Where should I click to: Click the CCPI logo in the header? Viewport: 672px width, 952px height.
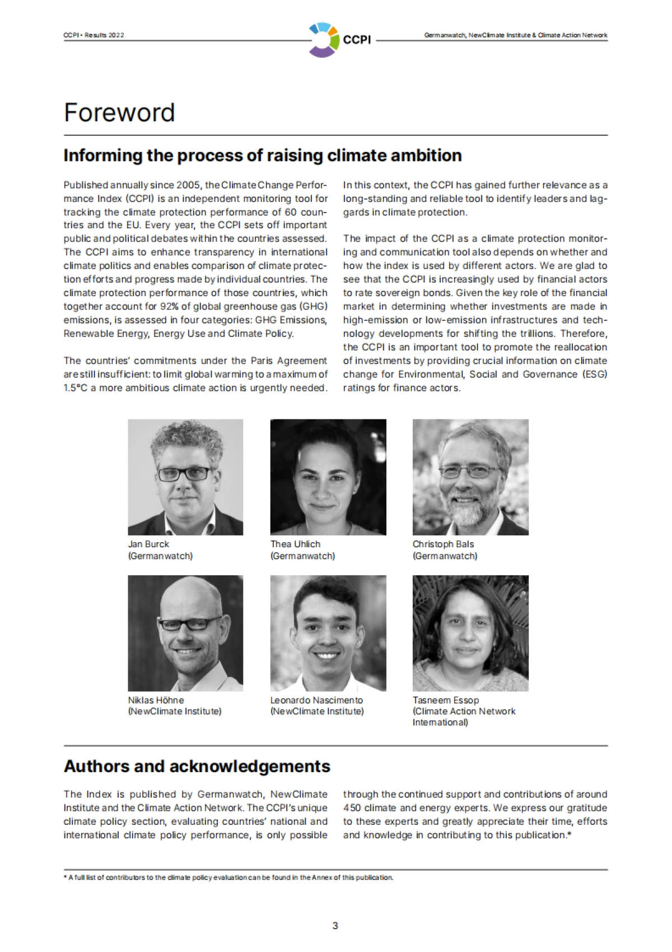[x=339, y=39]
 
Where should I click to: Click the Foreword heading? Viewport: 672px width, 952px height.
[x=119, y=112]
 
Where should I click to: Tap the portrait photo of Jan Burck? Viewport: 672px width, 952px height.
[x=185, y=477]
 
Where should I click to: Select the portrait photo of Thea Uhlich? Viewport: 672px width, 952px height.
[x=328, y=477]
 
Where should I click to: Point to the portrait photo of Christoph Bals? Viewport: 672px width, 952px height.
[x=470, y=477]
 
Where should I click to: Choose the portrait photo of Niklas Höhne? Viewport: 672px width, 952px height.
[x=185, y=633]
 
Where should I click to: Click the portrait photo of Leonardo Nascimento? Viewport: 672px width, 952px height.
[x=328, y=633]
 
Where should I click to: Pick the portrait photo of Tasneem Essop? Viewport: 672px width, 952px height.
[x=470, y=633]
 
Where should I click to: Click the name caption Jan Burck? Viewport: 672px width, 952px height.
[x=148, y=544]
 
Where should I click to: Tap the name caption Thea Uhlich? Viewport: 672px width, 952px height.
[x=295, y=544]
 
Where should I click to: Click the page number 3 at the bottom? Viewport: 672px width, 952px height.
[x=335, y=926]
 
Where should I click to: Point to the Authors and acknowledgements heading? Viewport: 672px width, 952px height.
[x=197, y=766]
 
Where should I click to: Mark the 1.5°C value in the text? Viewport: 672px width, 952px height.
[x=76, y=388]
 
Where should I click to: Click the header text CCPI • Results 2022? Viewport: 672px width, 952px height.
[x=94, y=35]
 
